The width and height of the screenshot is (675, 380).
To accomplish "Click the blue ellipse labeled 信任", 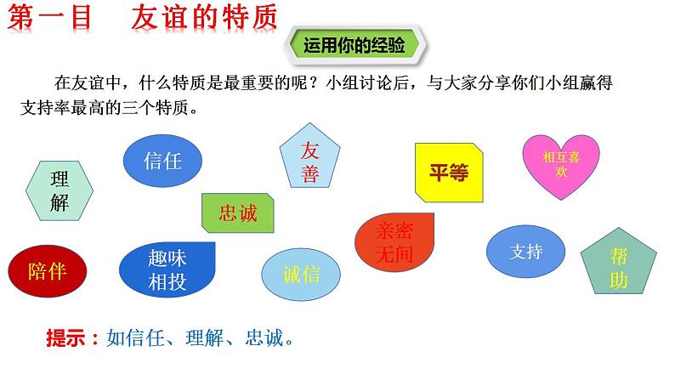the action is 162,161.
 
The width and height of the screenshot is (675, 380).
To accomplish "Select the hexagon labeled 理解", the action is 60,191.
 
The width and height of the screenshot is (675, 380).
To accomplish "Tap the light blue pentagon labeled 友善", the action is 310,156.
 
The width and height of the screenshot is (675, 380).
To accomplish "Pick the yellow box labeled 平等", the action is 449,173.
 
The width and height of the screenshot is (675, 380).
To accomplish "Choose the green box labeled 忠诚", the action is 238,213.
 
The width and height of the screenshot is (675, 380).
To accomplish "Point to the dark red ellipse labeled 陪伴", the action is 48,271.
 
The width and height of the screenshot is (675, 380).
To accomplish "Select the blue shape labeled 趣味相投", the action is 167,269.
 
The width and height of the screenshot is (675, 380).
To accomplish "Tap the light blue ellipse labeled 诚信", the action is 301,274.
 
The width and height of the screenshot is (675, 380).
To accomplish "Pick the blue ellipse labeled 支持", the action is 525,252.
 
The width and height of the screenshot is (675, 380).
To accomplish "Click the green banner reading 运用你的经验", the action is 355,45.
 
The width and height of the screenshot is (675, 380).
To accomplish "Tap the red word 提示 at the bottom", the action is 65,337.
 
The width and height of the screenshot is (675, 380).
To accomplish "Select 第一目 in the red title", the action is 50,18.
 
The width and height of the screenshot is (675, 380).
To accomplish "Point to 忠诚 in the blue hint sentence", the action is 264,337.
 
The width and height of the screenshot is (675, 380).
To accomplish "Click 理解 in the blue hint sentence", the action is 204,337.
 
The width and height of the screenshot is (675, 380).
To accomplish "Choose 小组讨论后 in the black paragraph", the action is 367,82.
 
